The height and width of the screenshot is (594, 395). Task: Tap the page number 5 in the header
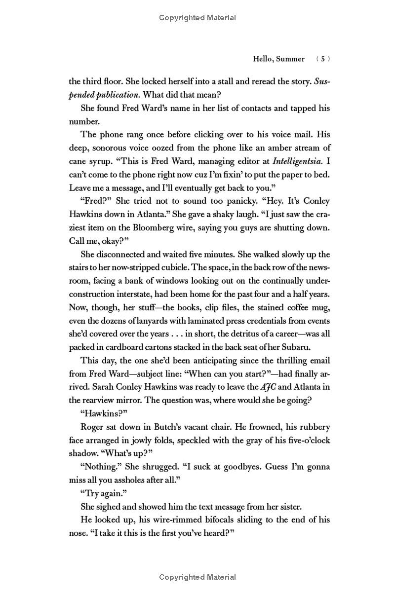click(x=322, y=59)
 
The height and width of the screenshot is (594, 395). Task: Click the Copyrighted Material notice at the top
click(x=197, y=18)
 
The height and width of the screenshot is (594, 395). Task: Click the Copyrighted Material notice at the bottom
click(x=197, y=577)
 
